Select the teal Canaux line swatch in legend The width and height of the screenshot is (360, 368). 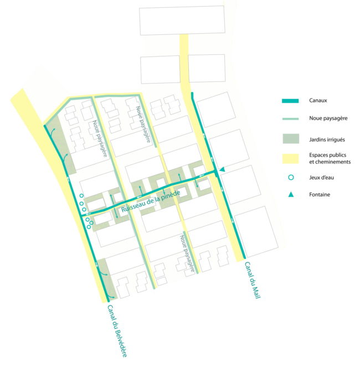tap(290, 101)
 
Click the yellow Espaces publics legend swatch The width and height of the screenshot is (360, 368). tap(290, 158)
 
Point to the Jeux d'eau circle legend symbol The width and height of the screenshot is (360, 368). tap(290, 178)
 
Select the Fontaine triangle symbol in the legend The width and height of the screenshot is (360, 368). tap(290, 195)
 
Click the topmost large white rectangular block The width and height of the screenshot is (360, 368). tap(182, 20)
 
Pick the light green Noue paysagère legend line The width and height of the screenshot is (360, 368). tap(290, 118)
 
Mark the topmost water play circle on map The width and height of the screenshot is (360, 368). tap(81, 196)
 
